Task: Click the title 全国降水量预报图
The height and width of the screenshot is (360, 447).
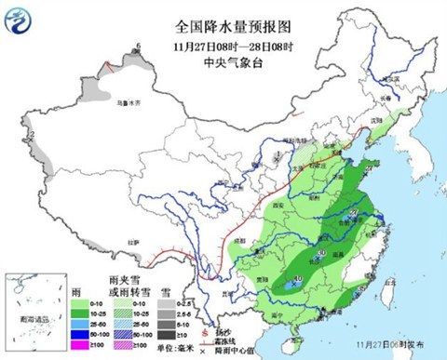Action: [223, 29]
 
